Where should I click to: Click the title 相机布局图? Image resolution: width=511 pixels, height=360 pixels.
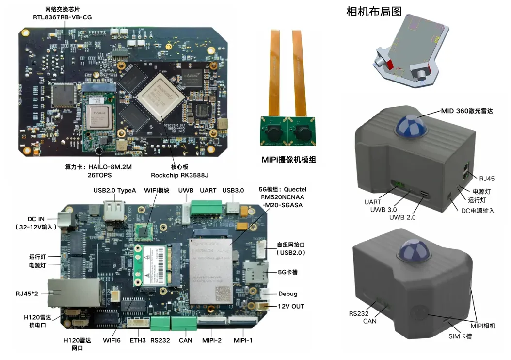point(374,12)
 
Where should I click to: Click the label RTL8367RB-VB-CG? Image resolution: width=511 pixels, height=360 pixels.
point(62,17)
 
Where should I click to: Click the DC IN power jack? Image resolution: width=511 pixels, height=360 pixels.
point(65,219)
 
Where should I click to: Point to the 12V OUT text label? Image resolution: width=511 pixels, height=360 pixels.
point(291,306)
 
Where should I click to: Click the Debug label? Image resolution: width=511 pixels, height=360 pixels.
point(287,294)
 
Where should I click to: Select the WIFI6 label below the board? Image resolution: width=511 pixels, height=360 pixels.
point(112,340)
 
